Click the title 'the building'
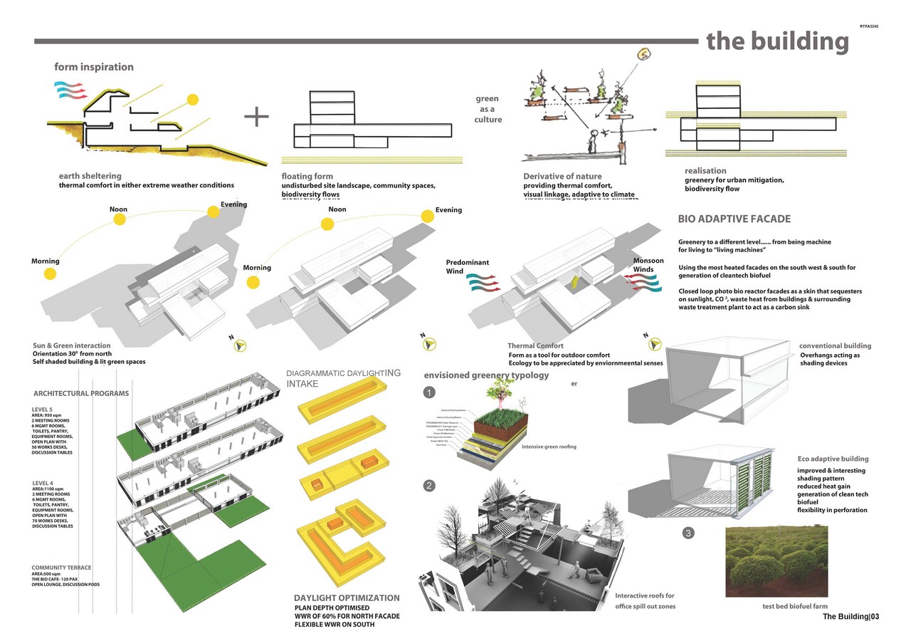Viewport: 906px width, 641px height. click(x=777, y=42)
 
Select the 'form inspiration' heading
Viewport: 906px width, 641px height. click(x=94, y=67)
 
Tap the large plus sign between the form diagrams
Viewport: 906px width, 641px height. click(x=256, y=116)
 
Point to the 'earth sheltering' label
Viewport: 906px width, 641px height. click(x=90, y=176)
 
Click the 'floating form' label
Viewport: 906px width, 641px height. click(x=307, y=177)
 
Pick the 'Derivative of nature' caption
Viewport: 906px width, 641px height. click(x=562, y=177)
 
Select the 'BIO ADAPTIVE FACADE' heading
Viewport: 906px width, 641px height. click(x=734, y=219)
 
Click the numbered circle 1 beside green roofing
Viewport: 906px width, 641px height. click(x=428, y=392)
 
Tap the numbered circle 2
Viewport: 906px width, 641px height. click(x=428, y=486)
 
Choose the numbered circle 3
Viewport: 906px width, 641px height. click(x=688, y=533)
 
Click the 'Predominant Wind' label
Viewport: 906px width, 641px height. click(x=468, y=267)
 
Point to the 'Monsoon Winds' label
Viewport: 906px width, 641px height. click(x=648, y=265)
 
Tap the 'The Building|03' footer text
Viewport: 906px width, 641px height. click(x=851, y=617)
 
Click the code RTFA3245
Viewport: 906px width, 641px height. click(x=869, y=26)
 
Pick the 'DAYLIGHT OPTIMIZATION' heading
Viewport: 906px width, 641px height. click(x=347, y=598)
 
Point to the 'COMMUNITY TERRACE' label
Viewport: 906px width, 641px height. click(x=61, y=568)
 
